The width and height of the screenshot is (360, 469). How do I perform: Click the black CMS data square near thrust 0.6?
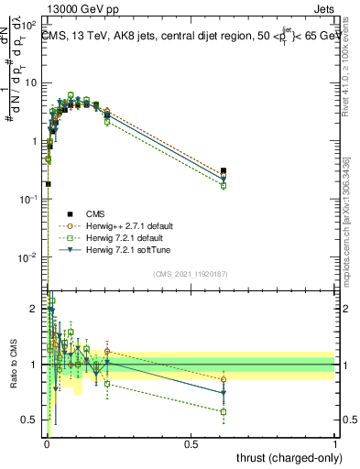click(x=224, y=171)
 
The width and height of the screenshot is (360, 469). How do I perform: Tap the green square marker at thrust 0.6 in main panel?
click(x=224, y=186)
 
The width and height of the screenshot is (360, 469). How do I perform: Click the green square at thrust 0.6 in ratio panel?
click(x=224, y=411)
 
